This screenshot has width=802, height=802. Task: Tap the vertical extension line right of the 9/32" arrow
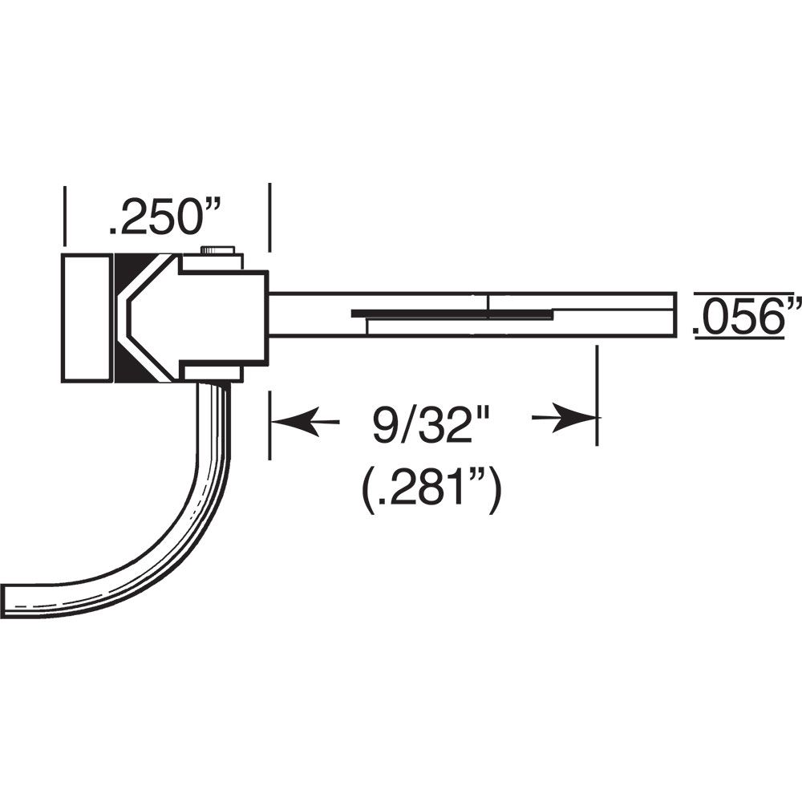pos(596,393)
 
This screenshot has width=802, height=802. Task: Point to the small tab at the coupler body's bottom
pos(213,373)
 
